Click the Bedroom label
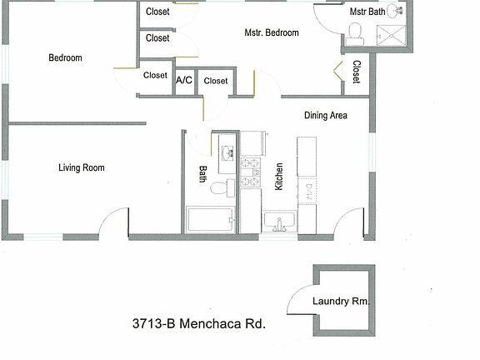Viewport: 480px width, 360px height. click(x=65, y=57)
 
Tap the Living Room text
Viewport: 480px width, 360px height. click(x=81, y=167)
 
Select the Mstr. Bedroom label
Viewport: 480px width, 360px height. click(x=272, y=33)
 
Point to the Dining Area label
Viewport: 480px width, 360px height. click(x=325, y=115)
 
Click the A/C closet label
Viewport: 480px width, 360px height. click(x=183, y=81)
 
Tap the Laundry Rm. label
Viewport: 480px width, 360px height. click(x=341, y=302)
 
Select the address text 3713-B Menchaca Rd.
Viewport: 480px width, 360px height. click(x=198, y=324)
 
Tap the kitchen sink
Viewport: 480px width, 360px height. click(x=279, y=222)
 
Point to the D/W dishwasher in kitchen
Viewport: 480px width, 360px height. click(x=307, y=189)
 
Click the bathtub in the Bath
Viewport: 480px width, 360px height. click(x=211, y=221)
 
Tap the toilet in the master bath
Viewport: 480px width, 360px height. click(x=355, y=32)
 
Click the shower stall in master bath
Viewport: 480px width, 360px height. click(x=389, y=36)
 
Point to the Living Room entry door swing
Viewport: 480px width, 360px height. click(x=114, y=222)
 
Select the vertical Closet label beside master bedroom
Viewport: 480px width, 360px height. click(x=356, y=72)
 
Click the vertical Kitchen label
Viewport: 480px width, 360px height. click(x=279, y=176)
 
